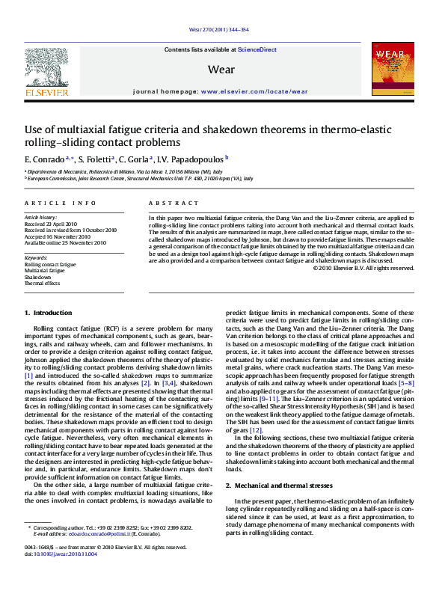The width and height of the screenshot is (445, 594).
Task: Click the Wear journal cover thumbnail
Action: tap(393, 68)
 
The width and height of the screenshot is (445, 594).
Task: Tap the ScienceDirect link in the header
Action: tap(257, 49)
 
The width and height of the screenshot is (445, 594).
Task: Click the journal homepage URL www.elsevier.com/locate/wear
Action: tap(254, 91)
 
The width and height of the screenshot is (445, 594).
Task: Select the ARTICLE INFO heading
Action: tap(61, 203)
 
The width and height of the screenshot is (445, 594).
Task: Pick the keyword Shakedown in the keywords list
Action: tap(37, 277)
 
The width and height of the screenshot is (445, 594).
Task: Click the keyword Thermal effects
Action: tap(42, 284)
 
